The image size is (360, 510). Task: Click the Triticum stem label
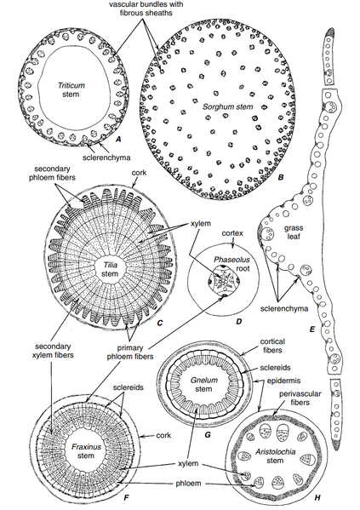point(71,89)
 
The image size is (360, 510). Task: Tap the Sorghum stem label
point(227,106)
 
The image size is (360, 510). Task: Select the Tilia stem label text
point(109,270)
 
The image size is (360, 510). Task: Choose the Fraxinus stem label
point(86,451)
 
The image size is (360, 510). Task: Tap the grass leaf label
point(294,232)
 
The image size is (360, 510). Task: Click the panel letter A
point(118,140)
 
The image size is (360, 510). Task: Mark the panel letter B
point(281,177)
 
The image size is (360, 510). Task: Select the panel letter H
point(317,497)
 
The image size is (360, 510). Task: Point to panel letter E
point(312,329)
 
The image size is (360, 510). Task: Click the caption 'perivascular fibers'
point(300,398)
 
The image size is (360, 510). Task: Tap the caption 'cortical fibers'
point(272,346)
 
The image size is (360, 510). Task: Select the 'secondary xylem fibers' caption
point(54,350)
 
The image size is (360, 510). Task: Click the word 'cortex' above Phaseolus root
point(232,233)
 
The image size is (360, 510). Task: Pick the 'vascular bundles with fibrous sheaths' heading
point(146,9)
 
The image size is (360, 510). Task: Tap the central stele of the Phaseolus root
point(222,281)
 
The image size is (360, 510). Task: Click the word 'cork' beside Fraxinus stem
point(163,435)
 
